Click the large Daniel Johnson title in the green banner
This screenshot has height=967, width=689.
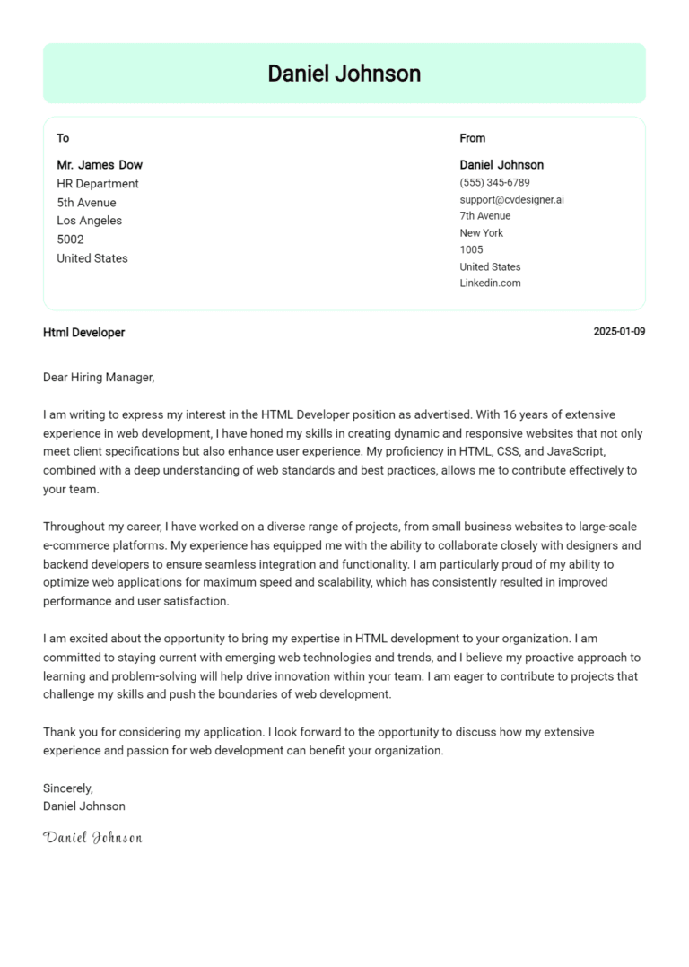coord(344,74)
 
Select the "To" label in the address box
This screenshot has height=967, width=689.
coord(63,138)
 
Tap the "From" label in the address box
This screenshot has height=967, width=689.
coord(472,138)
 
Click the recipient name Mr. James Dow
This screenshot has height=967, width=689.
coord(100,165)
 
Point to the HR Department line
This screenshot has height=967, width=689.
coord(98,184)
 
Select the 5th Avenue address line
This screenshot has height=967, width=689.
coord(86,203)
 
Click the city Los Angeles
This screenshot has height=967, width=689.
coord(89,221)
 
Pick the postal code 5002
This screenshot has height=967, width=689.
coord(70,240)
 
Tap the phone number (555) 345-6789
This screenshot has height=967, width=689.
coord(494,182)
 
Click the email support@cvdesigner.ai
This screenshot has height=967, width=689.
coord(511,199)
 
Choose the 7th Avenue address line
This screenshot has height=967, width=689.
coord(484,216)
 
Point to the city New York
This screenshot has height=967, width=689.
coord(481,233)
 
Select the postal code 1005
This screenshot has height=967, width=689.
coord(471,250)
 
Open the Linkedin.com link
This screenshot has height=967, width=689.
coord(490,283)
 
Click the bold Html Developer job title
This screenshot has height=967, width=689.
coord(83,333)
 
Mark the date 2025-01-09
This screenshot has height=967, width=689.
coord(619,332)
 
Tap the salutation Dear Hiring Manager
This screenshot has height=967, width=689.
coord(99,378)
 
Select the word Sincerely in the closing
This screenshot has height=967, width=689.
coord(67,788)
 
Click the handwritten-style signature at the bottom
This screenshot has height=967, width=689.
coord(92,838)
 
